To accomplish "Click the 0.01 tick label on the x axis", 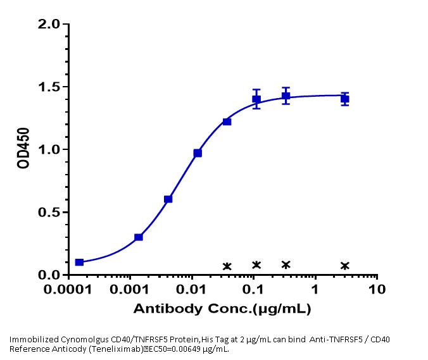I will point(192,292).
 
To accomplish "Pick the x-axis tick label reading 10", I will point(377,292).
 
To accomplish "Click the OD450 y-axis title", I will point(22,149).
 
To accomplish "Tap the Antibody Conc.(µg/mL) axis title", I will point(222,309).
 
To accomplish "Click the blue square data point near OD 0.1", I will point(79,262).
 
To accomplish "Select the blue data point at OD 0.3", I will point(139,237).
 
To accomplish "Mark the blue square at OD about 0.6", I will point(168,199).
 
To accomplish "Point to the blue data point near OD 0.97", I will point(198,153).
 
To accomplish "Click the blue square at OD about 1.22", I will point(227,121).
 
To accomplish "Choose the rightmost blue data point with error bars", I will point(344,99).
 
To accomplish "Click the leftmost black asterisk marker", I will point(227,266).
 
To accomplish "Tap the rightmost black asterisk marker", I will point(344,266).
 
